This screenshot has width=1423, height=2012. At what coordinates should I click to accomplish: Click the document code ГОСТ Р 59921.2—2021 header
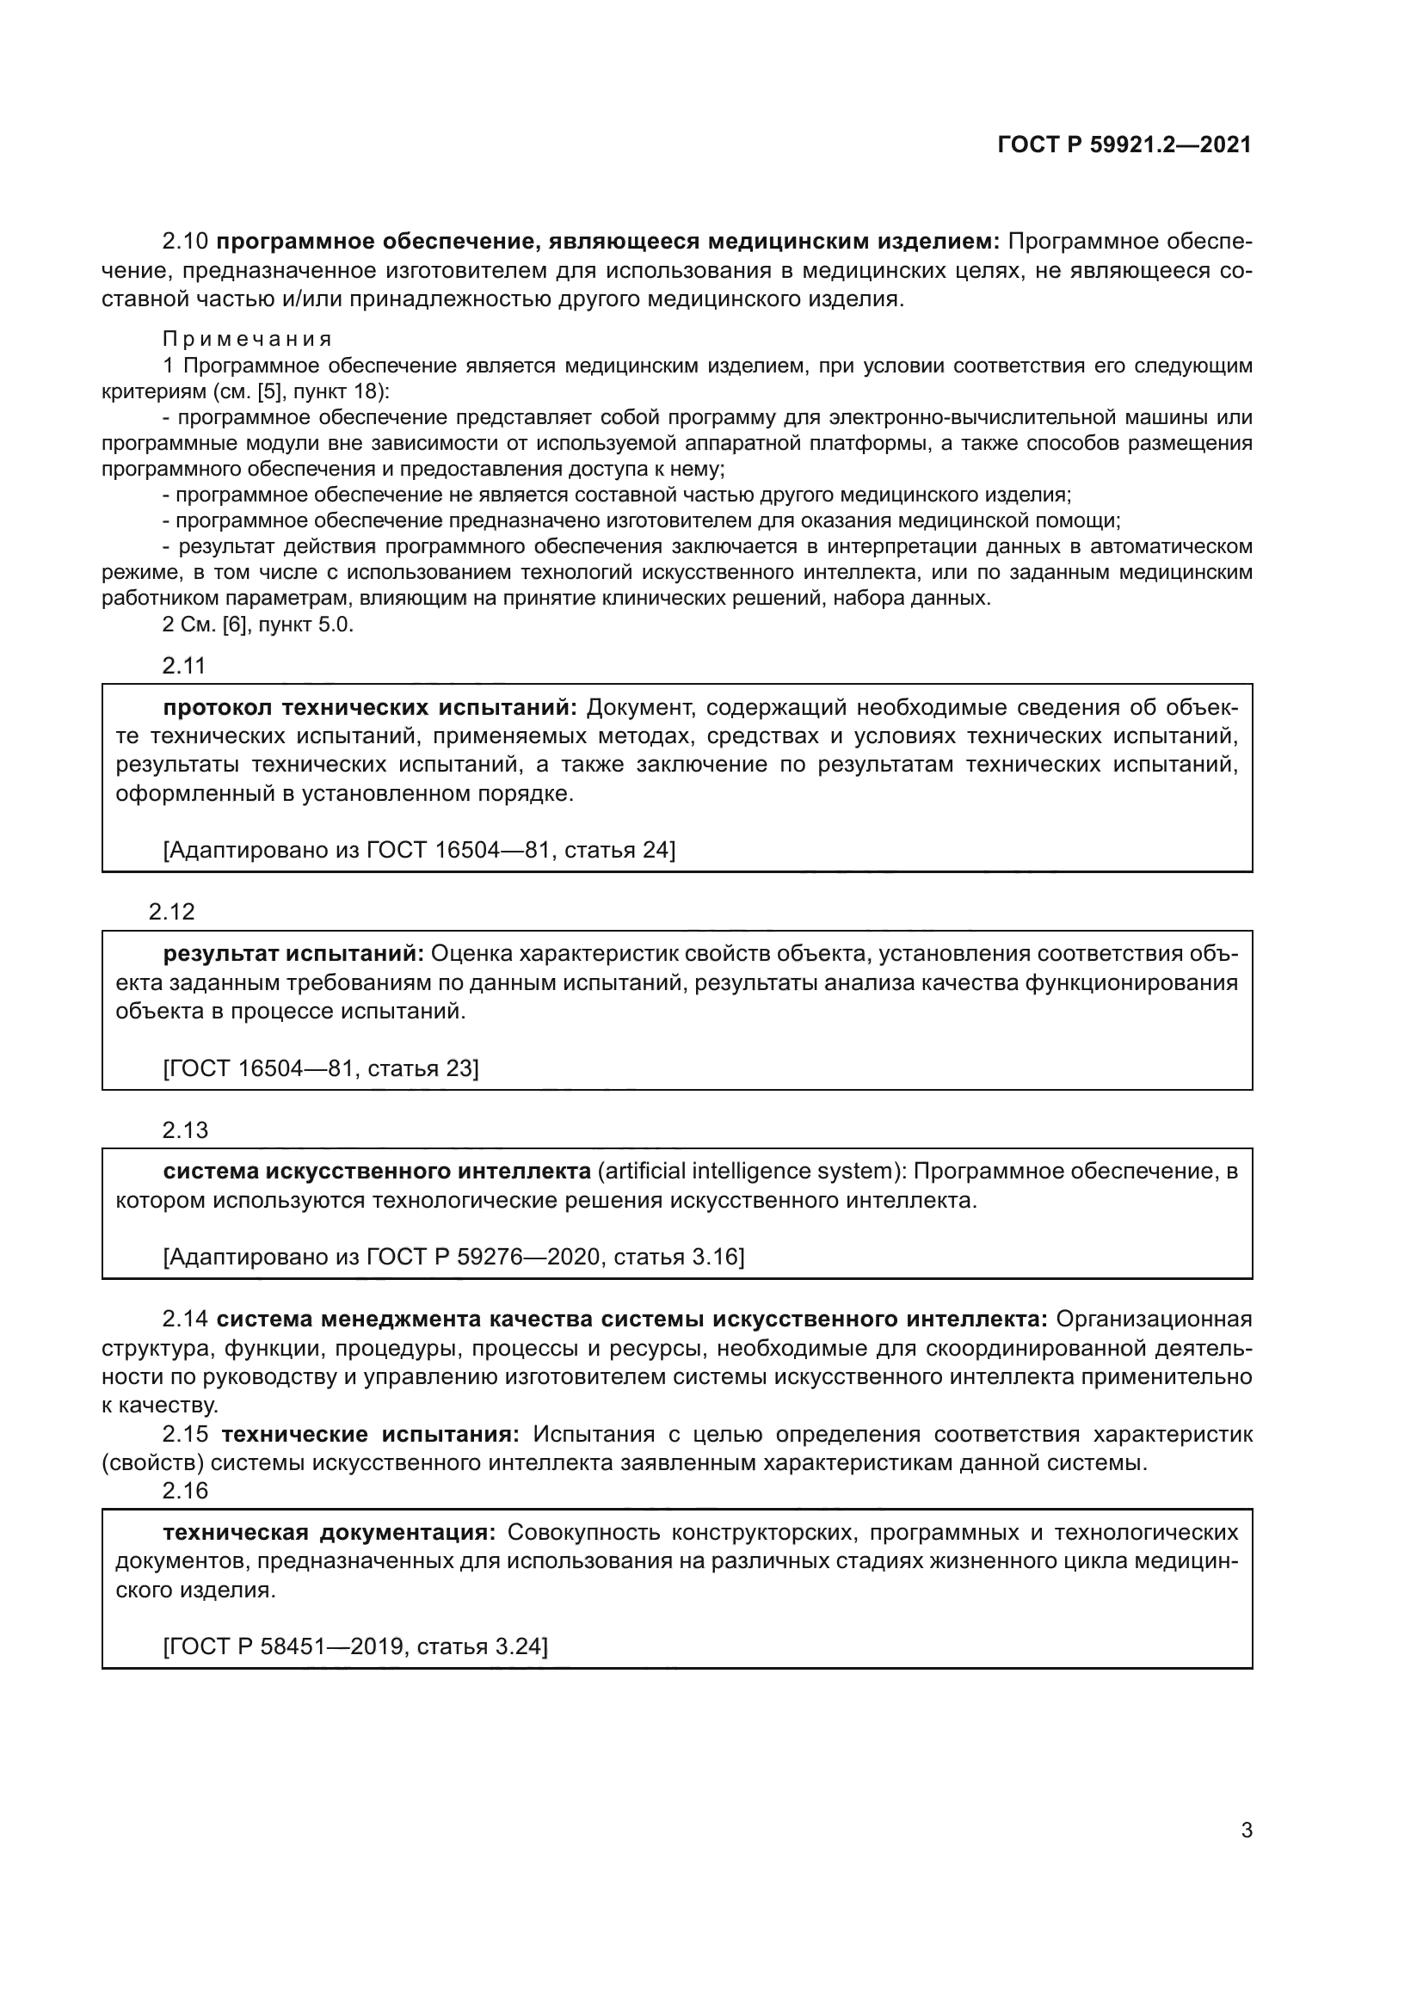pyautogui.click(x=1124, y=145)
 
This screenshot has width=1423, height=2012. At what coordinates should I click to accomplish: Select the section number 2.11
pyautogui.click(x=184, y=666)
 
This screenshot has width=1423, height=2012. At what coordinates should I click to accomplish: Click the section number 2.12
pyautogui.click(x=172, y=912)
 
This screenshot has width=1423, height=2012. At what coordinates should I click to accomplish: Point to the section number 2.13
pyautogui.click(x=185, y=1130)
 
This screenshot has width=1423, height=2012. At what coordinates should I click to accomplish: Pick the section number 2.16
pyautogui.click(x=185, y=1491)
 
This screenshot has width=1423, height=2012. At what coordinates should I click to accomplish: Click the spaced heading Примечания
pyautogui.click(x=247, y=340)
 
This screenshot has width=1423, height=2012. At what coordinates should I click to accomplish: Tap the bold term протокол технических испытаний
pyautogui.click(x=371, y=707)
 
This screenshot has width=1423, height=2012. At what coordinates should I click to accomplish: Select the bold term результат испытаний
pyautogui.click(x=293, y=953)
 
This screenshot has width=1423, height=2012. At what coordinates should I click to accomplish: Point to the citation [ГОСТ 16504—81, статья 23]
pyautogui.click(x=321, y=1068)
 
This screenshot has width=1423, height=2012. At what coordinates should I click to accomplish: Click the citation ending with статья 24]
pyautogui.click(x=419, y=850)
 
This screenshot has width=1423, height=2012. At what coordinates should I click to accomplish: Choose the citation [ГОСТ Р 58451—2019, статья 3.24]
pyautogui.click(x=354, y=1646)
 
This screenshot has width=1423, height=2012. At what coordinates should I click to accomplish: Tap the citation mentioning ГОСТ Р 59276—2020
pyautogui.click(x=453, y=1258)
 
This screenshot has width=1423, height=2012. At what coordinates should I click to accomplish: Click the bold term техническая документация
pyautogui.click(x=330, y=1532)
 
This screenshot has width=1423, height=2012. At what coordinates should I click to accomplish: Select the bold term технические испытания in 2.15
pyautogui.click(x=371, y=1435)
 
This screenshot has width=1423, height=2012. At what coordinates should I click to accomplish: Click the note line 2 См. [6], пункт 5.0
pyautogui.click(x=257, y=625)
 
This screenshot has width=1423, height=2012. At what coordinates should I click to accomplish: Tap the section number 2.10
pyautogui.click(x=185, y=241)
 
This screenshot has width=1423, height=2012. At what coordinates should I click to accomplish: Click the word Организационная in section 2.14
pyautogui.click(x=1154, y=1319)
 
